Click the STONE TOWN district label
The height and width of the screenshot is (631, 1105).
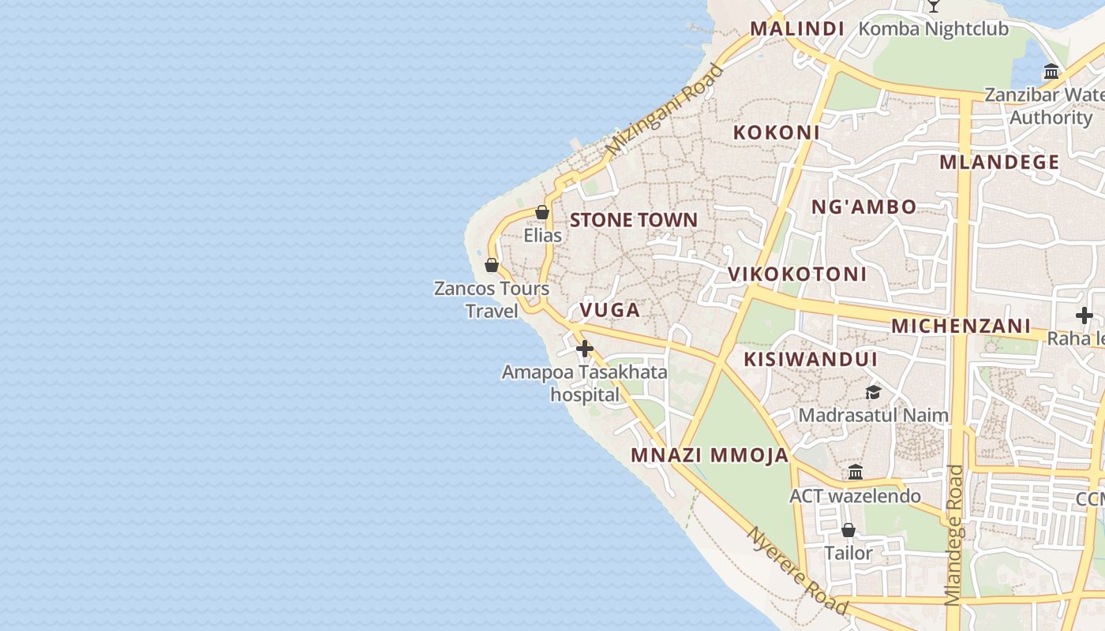(x=634, y=220)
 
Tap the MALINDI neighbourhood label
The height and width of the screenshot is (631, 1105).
(x=797, y=29)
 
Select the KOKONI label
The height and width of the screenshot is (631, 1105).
(x=777, y=133)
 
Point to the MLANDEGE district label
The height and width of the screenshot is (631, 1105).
(x=999, y=162)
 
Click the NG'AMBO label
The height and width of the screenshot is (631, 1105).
(x=864, y=207)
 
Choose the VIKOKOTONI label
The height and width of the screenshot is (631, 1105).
(x=797, y=274)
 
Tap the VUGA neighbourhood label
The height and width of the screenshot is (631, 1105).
(x=610, y=310)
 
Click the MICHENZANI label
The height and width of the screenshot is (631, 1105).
(x=961, y=326)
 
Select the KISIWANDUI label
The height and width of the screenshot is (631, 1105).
(x=811, y=360)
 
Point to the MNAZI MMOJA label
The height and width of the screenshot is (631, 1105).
(x=710, y=455)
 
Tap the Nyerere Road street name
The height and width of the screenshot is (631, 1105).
(x=797, y=571)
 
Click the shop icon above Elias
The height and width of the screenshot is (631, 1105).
(x=542, y=212)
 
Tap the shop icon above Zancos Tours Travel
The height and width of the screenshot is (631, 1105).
(x=492, y=265)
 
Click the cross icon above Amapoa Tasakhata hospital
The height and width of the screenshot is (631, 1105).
(x=585, y=349)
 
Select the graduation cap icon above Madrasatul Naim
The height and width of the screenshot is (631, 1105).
(x=873, y=392)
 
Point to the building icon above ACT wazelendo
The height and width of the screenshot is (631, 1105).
(x=856, y=472)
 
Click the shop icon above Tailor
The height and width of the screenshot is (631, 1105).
(x=848, y=530)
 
